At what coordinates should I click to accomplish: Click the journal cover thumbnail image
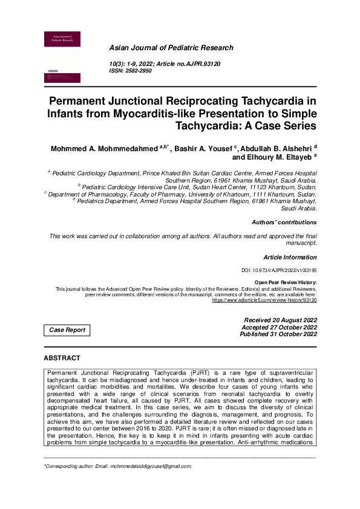coord(62,57)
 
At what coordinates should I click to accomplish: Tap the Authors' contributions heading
coord(284,222)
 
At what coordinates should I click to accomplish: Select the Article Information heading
coord(290,257)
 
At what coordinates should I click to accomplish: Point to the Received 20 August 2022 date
coord(280,320)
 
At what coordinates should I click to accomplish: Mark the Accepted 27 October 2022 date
coord(280,327)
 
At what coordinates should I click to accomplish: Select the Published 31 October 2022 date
coord(278,334)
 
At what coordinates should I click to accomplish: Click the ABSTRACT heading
coord(62,358)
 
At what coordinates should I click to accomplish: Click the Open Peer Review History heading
coord(286,282)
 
